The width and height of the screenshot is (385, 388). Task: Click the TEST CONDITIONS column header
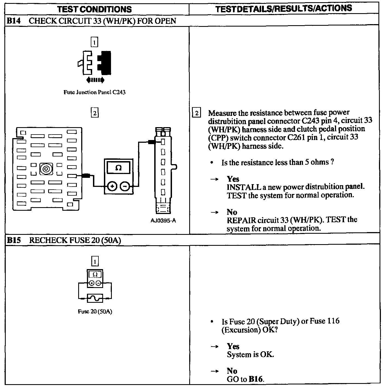click(95, 9)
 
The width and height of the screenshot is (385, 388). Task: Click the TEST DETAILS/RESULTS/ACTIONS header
click(284, 9)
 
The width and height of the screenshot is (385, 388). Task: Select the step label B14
click(13, 21)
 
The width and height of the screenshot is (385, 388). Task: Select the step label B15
click(14, 240)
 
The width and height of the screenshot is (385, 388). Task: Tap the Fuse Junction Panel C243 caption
click(94, 92)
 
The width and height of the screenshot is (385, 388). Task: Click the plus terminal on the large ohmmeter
click(112, 187)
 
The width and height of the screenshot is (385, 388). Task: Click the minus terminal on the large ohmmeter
click(125, 187)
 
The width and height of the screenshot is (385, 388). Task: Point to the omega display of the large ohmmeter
click(118, 167)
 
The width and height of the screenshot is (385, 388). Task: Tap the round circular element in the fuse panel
click(46, 169)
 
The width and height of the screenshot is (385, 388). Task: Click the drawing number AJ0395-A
click(163, 221)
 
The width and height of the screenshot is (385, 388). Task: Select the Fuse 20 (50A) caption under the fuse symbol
click(95, 312)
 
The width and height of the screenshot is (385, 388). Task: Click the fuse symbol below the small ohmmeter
click(95, 298)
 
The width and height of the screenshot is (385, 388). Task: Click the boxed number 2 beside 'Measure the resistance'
click(197, 113)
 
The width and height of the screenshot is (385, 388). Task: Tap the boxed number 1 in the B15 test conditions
click(95, 261)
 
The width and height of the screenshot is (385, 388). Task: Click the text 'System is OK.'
click(250, 355)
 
